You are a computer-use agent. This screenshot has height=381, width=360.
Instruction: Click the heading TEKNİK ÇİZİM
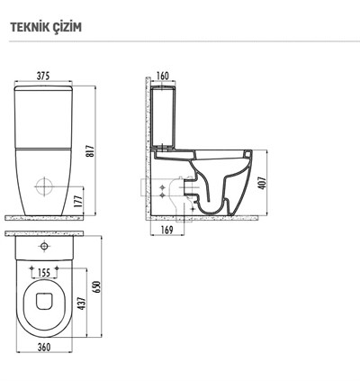click(x=46, y=27)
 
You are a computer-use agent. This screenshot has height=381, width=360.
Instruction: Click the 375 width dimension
click(x=43, y=77)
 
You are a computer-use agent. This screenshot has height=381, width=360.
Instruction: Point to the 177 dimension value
click(x=78, y=202)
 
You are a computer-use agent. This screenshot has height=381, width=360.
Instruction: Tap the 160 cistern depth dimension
click(x=163, y=76)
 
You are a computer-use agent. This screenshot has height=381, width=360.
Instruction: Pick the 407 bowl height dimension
click(x=262, y=183)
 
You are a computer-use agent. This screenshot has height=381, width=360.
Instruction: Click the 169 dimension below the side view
click(x=167, y=230)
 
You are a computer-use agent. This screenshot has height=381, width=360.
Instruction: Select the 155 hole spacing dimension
click(x=44, y=273)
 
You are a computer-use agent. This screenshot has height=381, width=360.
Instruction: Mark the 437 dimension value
click(x=82, y=304)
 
